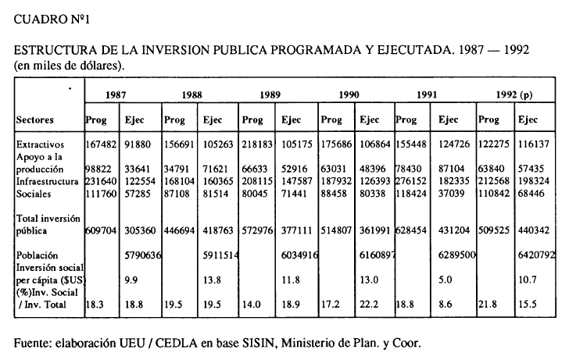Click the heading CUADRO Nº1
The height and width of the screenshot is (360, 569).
pos(48,18)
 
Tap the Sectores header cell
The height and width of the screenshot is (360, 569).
pos(38,120)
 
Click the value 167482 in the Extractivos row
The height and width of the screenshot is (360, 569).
pos(100,145)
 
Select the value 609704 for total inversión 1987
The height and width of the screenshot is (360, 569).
pos(100,231)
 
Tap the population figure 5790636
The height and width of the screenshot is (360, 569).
pos(142,253)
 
